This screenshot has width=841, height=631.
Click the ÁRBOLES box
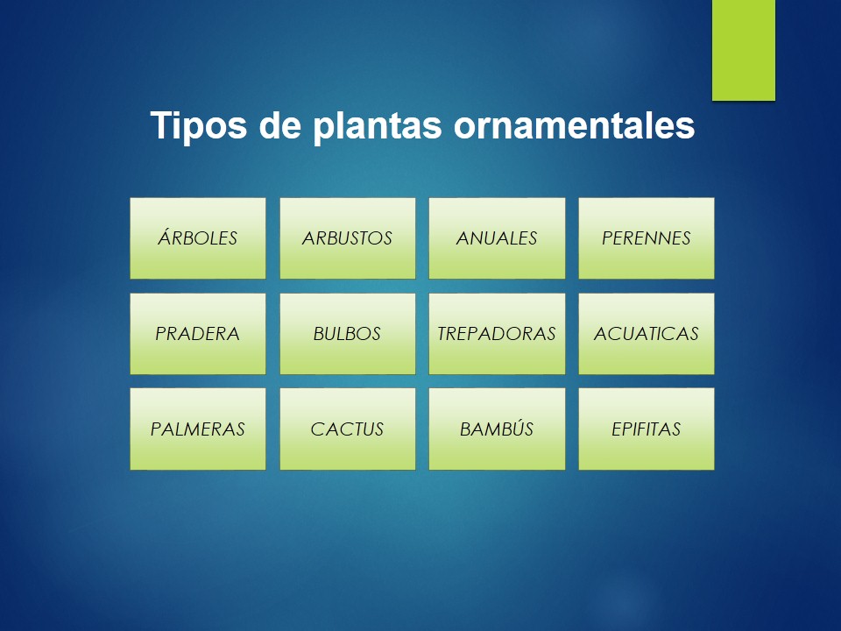[x=198, y=238]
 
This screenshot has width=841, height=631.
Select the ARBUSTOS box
[x=348, y=238]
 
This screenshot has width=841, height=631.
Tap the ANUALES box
[x=497, y=238]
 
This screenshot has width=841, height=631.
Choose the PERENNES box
[x=647, y=238]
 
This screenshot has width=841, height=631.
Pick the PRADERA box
[x=198, y=334]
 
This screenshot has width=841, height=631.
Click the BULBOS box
[x=348, y=334]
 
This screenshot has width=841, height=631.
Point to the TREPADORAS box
[x=497, y=334]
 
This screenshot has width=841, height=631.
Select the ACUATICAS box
[x=647, y=334]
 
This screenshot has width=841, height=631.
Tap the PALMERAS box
[x=198, y=429]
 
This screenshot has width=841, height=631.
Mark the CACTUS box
[x=348, y=429]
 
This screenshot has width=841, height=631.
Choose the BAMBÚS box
[x=497, y=429]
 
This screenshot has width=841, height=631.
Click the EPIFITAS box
[x=647, y=429]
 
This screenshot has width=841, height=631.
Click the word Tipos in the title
[x=199, y=126]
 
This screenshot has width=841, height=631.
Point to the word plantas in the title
[x=378, y=126]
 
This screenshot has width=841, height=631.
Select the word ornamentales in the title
[x=575, y=125]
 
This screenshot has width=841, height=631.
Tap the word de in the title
[x=280, y=125]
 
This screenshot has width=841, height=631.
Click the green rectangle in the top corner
[x=744, y=50]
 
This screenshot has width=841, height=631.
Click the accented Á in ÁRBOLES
[x=166, y=237]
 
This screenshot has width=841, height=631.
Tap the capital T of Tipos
[x=161, y=125]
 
